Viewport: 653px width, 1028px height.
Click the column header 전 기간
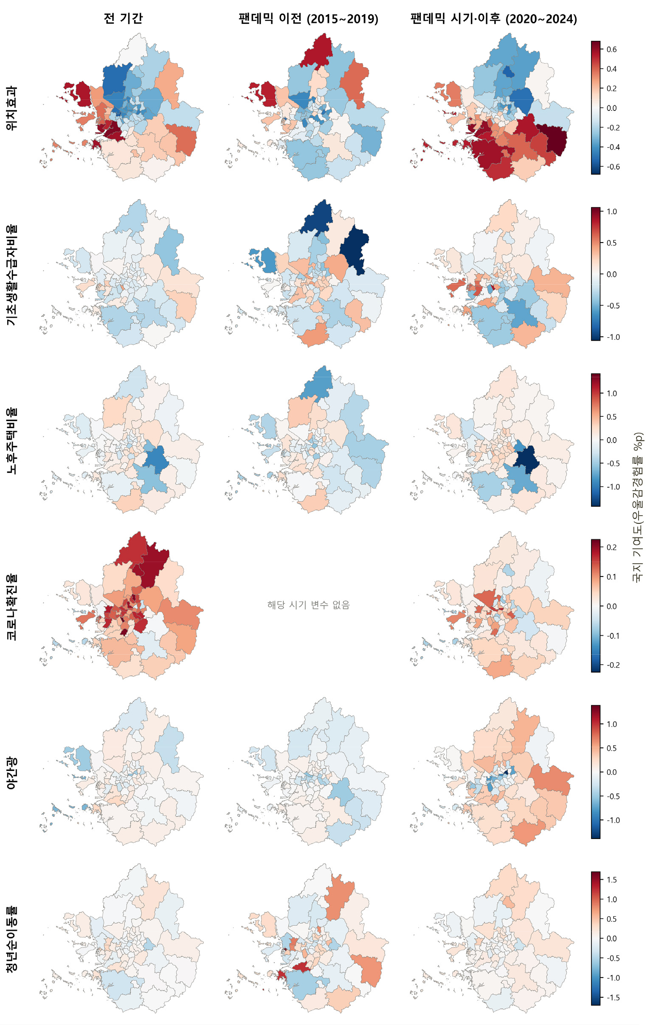pos(123,19)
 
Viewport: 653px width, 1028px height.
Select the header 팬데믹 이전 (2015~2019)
pos(308,19)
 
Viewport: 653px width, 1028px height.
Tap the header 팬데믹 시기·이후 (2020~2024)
pos(493,19)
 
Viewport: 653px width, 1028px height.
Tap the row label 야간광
pos(11,773)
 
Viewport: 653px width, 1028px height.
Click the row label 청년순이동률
pos(11,939)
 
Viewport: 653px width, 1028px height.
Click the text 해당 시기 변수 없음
pos(308,604)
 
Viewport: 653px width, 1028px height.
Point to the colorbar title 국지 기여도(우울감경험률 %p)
pos(639,507)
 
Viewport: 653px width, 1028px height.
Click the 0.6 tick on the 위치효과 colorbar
pos(611,50)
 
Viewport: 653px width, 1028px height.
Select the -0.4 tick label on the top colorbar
pos(613,147)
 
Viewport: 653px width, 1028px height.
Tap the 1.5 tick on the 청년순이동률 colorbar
pos(611,879)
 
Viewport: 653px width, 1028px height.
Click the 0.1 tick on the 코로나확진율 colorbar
pos(611,577)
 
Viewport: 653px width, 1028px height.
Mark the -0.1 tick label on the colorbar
pos(613,635)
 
